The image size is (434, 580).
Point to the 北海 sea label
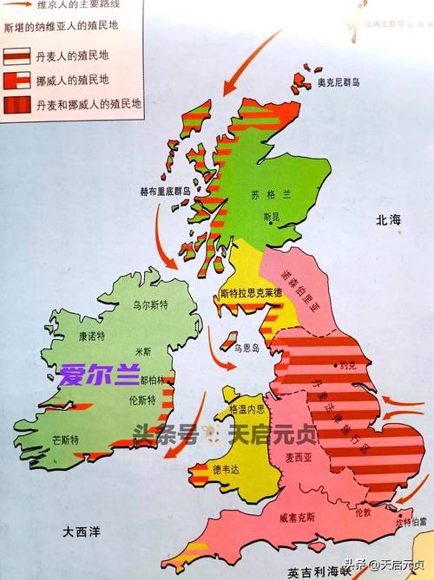(386, 221)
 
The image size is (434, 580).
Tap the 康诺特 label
(91, 336)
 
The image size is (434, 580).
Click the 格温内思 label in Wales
(244, 408)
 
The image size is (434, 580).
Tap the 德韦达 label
(225, 469)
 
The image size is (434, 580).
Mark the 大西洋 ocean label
(69, 529)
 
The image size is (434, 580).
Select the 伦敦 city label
(361, 512)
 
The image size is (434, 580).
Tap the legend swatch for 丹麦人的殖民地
(17, 55)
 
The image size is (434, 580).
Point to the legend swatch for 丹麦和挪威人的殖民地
(17, 104)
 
